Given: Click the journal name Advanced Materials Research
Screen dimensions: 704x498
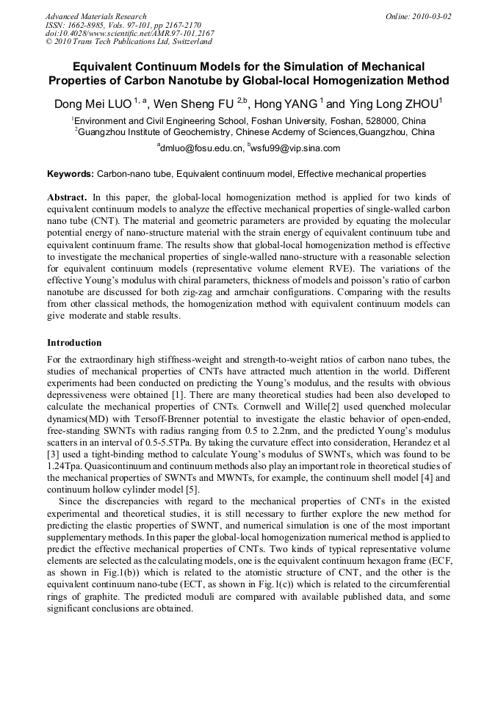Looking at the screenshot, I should pos(95,16).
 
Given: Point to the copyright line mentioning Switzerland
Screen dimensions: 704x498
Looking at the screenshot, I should pos(129,42).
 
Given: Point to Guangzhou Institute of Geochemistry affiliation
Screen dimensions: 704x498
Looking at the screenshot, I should pos(169,132).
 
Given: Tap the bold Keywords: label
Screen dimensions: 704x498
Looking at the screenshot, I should pos(71,174).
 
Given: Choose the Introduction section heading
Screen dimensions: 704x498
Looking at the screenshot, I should pos(74,343).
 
